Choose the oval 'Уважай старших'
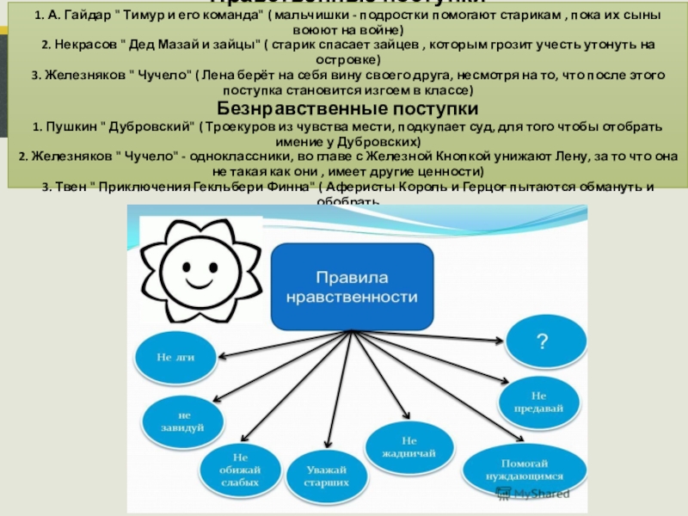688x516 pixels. (x=326, y=477)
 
